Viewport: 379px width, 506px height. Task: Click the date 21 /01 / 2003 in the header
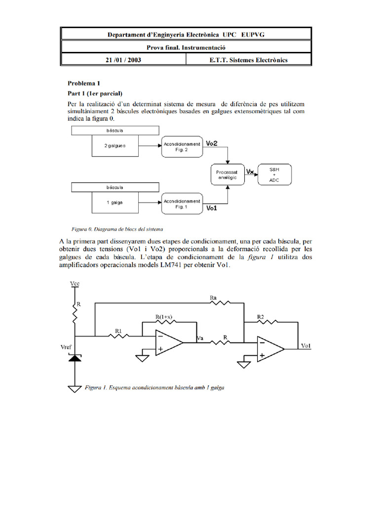point(123,60)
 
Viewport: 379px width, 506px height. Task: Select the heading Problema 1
point(84,83)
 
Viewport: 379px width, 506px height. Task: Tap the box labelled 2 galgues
point(115,146)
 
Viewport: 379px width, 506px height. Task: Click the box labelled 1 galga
point(115,203)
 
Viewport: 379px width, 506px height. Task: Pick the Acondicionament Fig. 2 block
point(182,146)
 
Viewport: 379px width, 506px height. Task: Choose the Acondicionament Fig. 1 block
point(182,204)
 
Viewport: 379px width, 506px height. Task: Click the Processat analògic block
point(227,174)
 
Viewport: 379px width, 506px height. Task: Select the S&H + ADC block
point(274,174)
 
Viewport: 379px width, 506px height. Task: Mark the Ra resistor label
point(213,298)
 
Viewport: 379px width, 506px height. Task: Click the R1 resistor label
point(118,330)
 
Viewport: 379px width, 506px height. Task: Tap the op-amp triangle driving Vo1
point(269,348)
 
